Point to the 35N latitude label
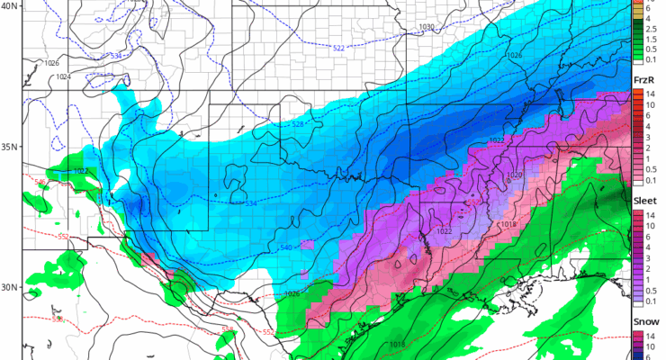(9, 147)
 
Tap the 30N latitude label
(9, 288)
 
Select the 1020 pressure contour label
(514, 175)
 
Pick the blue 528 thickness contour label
(297, 124)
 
